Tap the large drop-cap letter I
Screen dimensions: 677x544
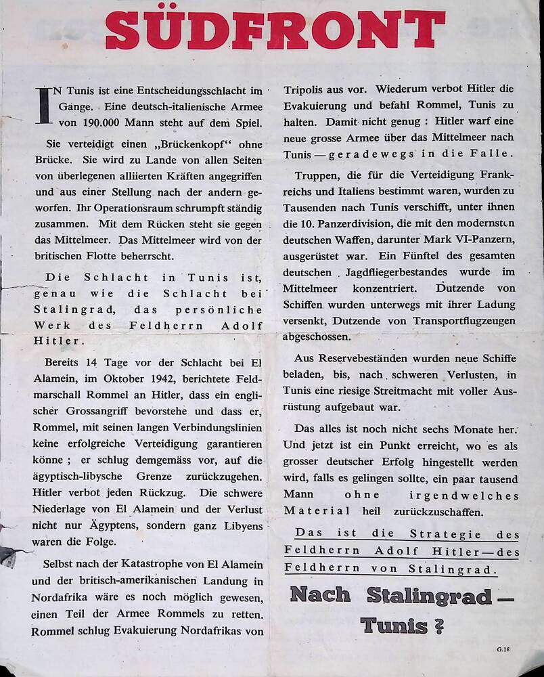tap(43, 106)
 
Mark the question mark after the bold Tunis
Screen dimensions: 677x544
tap(439, 626)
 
